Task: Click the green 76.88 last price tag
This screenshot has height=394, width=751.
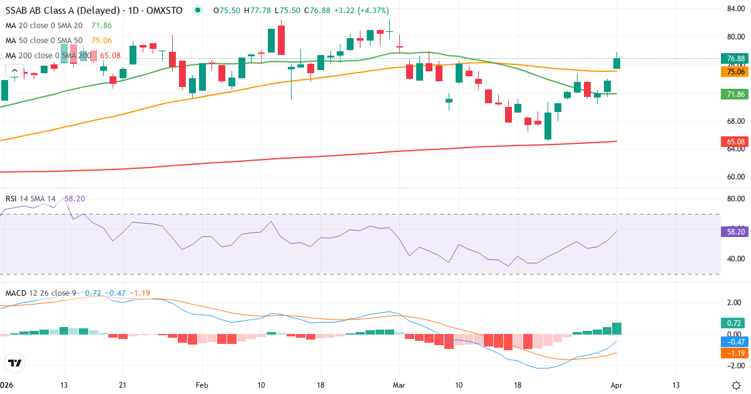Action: point(735,59)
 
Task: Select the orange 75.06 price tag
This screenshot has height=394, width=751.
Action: point(735,72)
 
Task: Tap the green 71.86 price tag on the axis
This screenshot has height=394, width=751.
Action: point(735,94)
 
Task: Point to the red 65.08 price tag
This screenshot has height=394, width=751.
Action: point(735,142)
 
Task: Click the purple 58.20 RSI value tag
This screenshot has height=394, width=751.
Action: point(735,231)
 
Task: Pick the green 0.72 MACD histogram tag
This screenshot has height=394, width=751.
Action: point(735,323)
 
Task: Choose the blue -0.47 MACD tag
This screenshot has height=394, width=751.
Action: point(735,342)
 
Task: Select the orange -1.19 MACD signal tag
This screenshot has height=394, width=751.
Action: point(735,353)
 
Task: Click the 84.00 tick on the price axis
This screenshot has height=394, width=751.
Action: point(735,9)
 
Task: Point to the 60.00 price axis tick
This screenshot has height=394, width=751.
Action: point(735,176)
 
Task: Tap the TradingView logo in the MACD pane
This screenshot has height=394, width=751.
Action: point(15,362)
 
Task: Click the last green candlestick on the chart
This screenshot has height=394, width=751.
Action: point(617,63)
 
